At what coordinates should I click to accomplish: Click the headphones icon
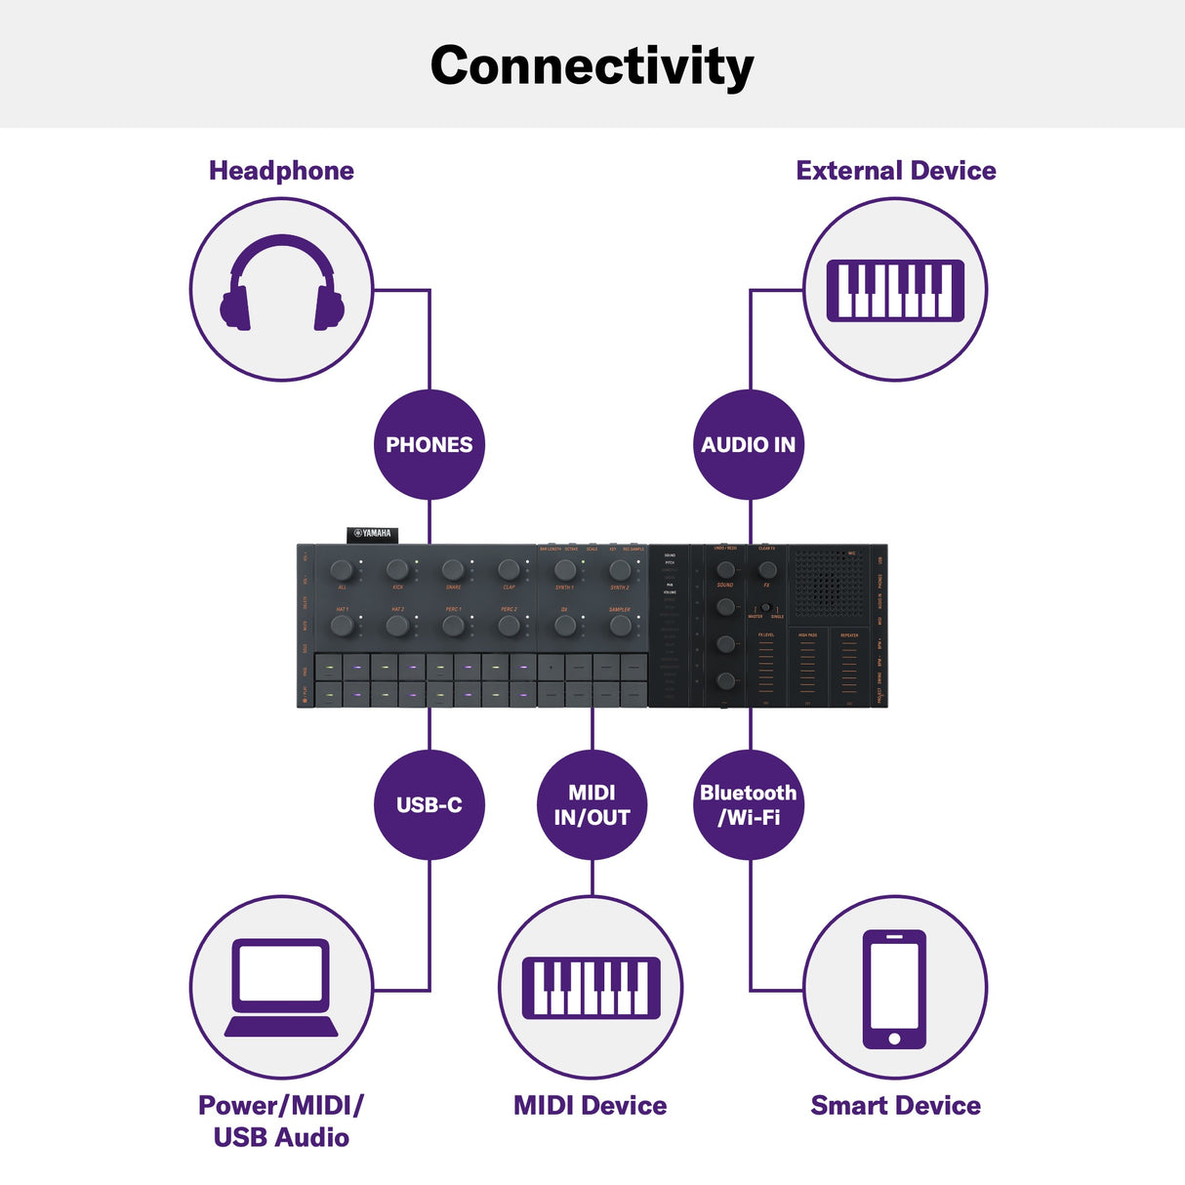tap(281, 285)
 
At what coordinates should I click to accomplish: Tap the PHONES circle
tap(429, 445)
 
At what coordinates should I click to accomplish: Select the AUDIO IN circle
tap(749, 445)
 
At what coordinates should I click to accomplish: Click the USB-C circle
tap(429, 805)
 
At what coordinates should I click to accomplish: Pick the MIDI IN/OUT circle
tap(592, 805)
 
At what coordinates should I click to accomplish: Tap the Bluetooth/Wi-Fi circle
tap(749, 805)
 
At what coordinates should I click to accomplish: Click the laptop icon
tap(281, 988)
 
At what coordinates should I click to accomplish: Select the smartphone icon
tap(894, 989)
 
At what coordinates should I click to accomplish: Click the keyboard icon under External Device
tap(894, 290)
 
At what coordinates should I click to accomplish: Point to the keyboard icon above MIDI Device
tap(591, 988)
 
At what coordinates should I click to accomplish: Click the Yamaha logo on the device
tap(373, 534)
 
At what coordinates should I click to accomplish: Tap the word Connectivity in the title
tap(592, 66)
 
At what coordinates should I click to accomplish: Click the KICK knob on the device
tap(397, 569)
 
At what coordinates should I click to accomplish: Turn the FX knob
tap(767, 570)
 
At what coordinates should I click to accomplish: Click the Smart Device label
tap(895, 1105)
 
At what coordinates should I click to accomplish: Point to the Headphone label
tap(281, 171)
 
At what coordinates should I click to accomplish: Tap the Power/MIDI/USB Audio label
tap(281, 1121)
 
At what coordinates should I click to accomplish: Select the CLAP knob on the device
tap(509, 569)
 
